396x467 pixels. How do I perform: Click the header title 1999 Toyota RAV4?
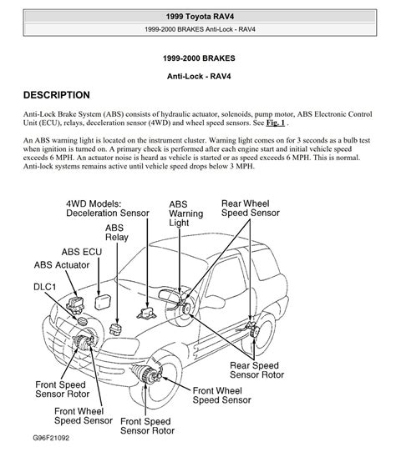click(200, 17)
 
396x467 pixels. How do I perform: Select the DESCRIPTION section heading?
click(57, 95)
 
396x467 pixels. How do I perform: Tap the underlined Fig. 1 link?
click(276, 123)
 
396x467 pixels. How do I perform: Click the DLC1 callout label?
click(45, 287)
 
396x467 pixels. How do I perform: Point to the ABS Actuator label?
click(62, 265)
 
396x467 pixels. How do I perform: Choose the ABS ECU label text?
click(82, 252)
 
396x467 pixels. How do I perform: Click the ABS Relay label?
click(117, 233)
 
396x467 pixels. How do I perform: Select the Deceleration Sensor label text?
click(108, 213)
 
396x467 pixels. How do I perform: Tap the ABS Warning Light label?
click(186, 213)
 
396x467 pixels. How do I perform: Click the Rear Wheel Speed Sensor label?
click(251, 208)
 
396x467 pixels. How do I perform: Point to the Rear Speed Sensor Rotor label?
click(257, 370)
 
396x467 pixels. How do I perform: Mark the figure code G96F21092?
click(51, 438)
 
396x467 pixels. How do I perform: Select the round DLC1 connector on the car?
click(82, 321)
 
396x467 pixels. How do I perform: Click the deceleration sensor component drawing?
click(147, 314)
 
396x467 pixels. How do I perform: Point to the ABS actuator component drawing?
click(75, 304)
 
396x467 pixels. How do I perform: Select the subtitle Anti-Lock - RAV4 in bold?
click(199, 77)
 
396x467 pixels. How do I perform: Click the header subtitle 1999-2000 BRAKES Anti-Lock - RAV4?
click(200, 29)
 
